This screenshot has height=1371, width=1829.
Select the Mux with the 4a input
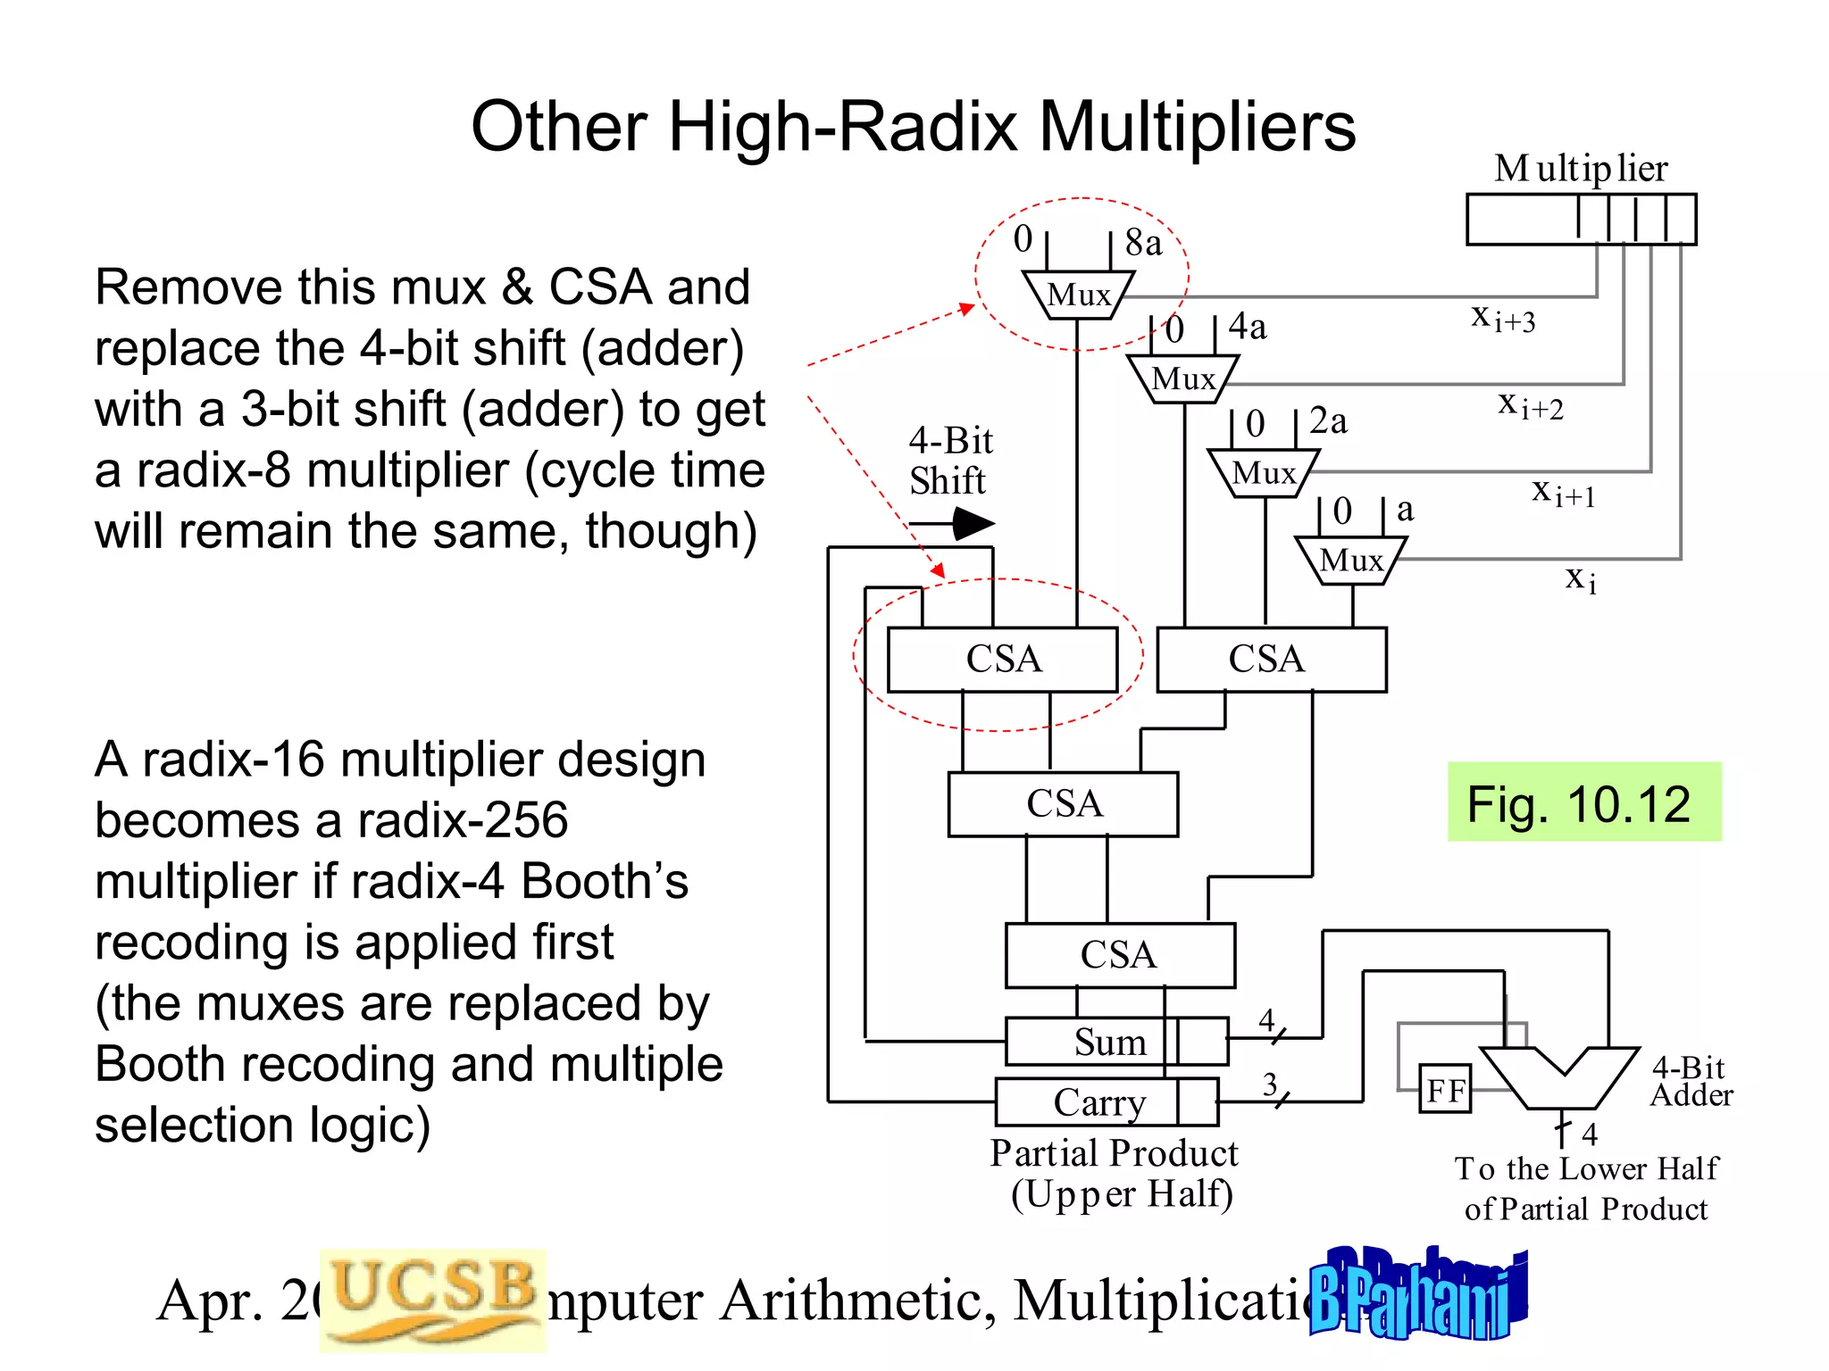pos(1182,379)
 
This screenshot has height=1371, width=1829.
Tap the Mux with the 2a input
pos(1263,473)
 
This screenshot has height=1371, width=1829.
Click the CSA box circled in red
pos(1002,660)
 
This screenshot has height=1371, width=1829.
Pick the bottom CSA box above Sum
pos(1119,955)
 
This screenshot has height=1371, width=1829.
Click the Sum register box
pos(1111,1042)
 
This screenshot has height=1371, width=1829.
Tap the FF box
pos(1445,1089)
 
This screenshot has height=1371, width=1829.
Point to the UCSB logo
pos(433,1299)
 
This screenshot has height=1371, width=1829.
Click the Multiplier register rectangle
pos(1581,219)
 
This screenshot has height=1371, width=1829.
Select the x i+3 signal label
pos(1503,318)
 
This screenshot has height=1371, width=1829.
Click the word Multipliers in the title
pos(1197,126)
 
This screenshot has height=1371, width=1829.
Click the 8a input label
pos(1143,242)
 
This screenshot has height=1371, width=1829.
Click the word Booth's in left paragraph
pos(605,881)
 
